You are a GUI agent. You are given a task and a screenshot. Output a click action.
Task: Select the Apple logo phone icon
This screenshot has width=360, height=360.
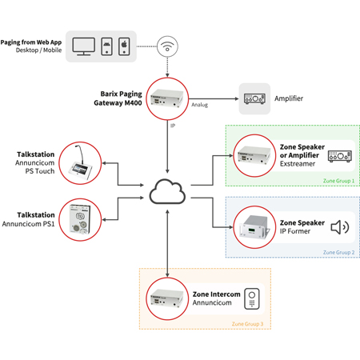click(123, 46)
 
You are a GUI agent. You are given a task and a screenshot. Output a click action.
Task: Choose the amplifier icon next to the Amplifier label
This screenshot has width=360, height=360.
click(256, 98)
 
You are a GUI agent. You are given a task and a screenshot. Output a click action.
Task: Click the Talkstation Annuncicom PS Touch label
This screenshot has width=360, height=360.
click(35, 162)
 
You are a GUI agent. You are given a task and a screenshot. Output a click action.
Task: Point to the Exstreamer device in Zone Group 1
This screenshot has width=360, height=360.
click(254, 154)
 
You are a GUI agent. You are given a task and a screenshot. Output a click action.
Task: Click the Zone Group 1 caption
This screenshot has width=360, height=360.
click(338, 182)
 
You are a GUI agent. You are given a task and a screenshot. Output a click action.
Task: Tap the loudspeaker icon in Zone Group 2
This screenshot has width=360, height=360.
click(340, 227)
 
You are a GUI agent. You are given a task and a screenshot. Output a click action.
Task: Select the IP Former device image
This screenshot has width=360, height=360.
click(254, 226)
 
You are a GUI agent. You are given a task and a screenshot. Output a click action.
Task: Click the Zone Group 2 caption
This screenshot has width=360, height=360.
click(338, 253)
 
